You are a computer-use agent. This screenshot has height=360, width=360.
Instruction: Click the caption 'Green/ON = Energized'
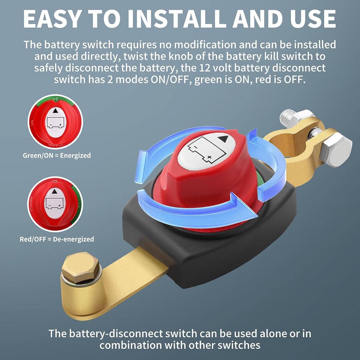(x=57, y=156)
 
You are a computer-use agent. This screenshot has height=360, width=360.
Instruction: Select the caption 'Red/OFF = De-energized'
(x=57, y=239)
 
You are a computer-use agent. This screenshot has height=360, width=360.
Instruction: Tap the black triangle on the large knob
(x=223, y=139)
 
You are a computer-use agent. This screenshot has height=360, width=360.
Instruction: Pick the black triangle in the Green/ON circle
(x=55, y=111)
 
